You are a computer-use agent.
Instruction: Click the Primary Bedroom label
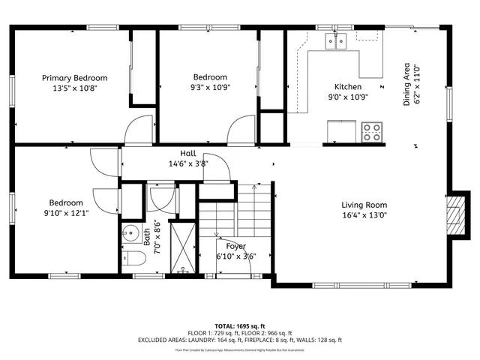pyautogui.click(x=74, y=78)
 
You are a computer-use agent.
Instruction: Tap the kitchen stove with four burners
pyautogui.click(x=370, y=133)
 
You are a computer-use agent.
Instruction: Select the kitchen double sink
pyautogui.click(x=335, y=43)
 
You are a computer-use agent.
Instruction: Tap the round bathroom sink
pyautogui.click(x=130, y=233)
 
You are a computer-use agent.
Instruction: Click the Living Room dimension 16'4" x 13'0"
pyautogui.click(x=364, y=214)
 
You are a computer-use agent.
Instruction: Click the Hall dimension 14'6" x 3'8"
pyautogui.click(x=187, y=163)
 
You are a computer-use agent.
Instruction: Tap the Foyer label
pyautogui.click(x=236, y=246)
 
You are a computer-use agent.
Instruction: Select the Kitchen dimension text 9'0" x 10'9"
pyautogui.click(x=348, y=97)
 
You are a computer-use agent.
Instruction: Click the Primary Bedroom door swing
pyautogui.click(x=139, y=132)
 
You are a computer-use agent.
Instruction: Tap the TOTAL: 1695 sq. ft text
pyautogui.click(x=240, y=326)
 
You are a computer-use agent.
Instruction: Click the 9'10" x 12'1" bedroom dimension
pyautogui.click(x=66, y=213)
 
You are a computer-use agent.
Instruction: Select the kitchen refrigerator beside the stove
pyautogui.click(x=341, y=131)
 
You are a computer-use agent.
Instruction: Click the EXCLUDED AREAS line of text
pyautogui.click(x=240, y=340)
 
